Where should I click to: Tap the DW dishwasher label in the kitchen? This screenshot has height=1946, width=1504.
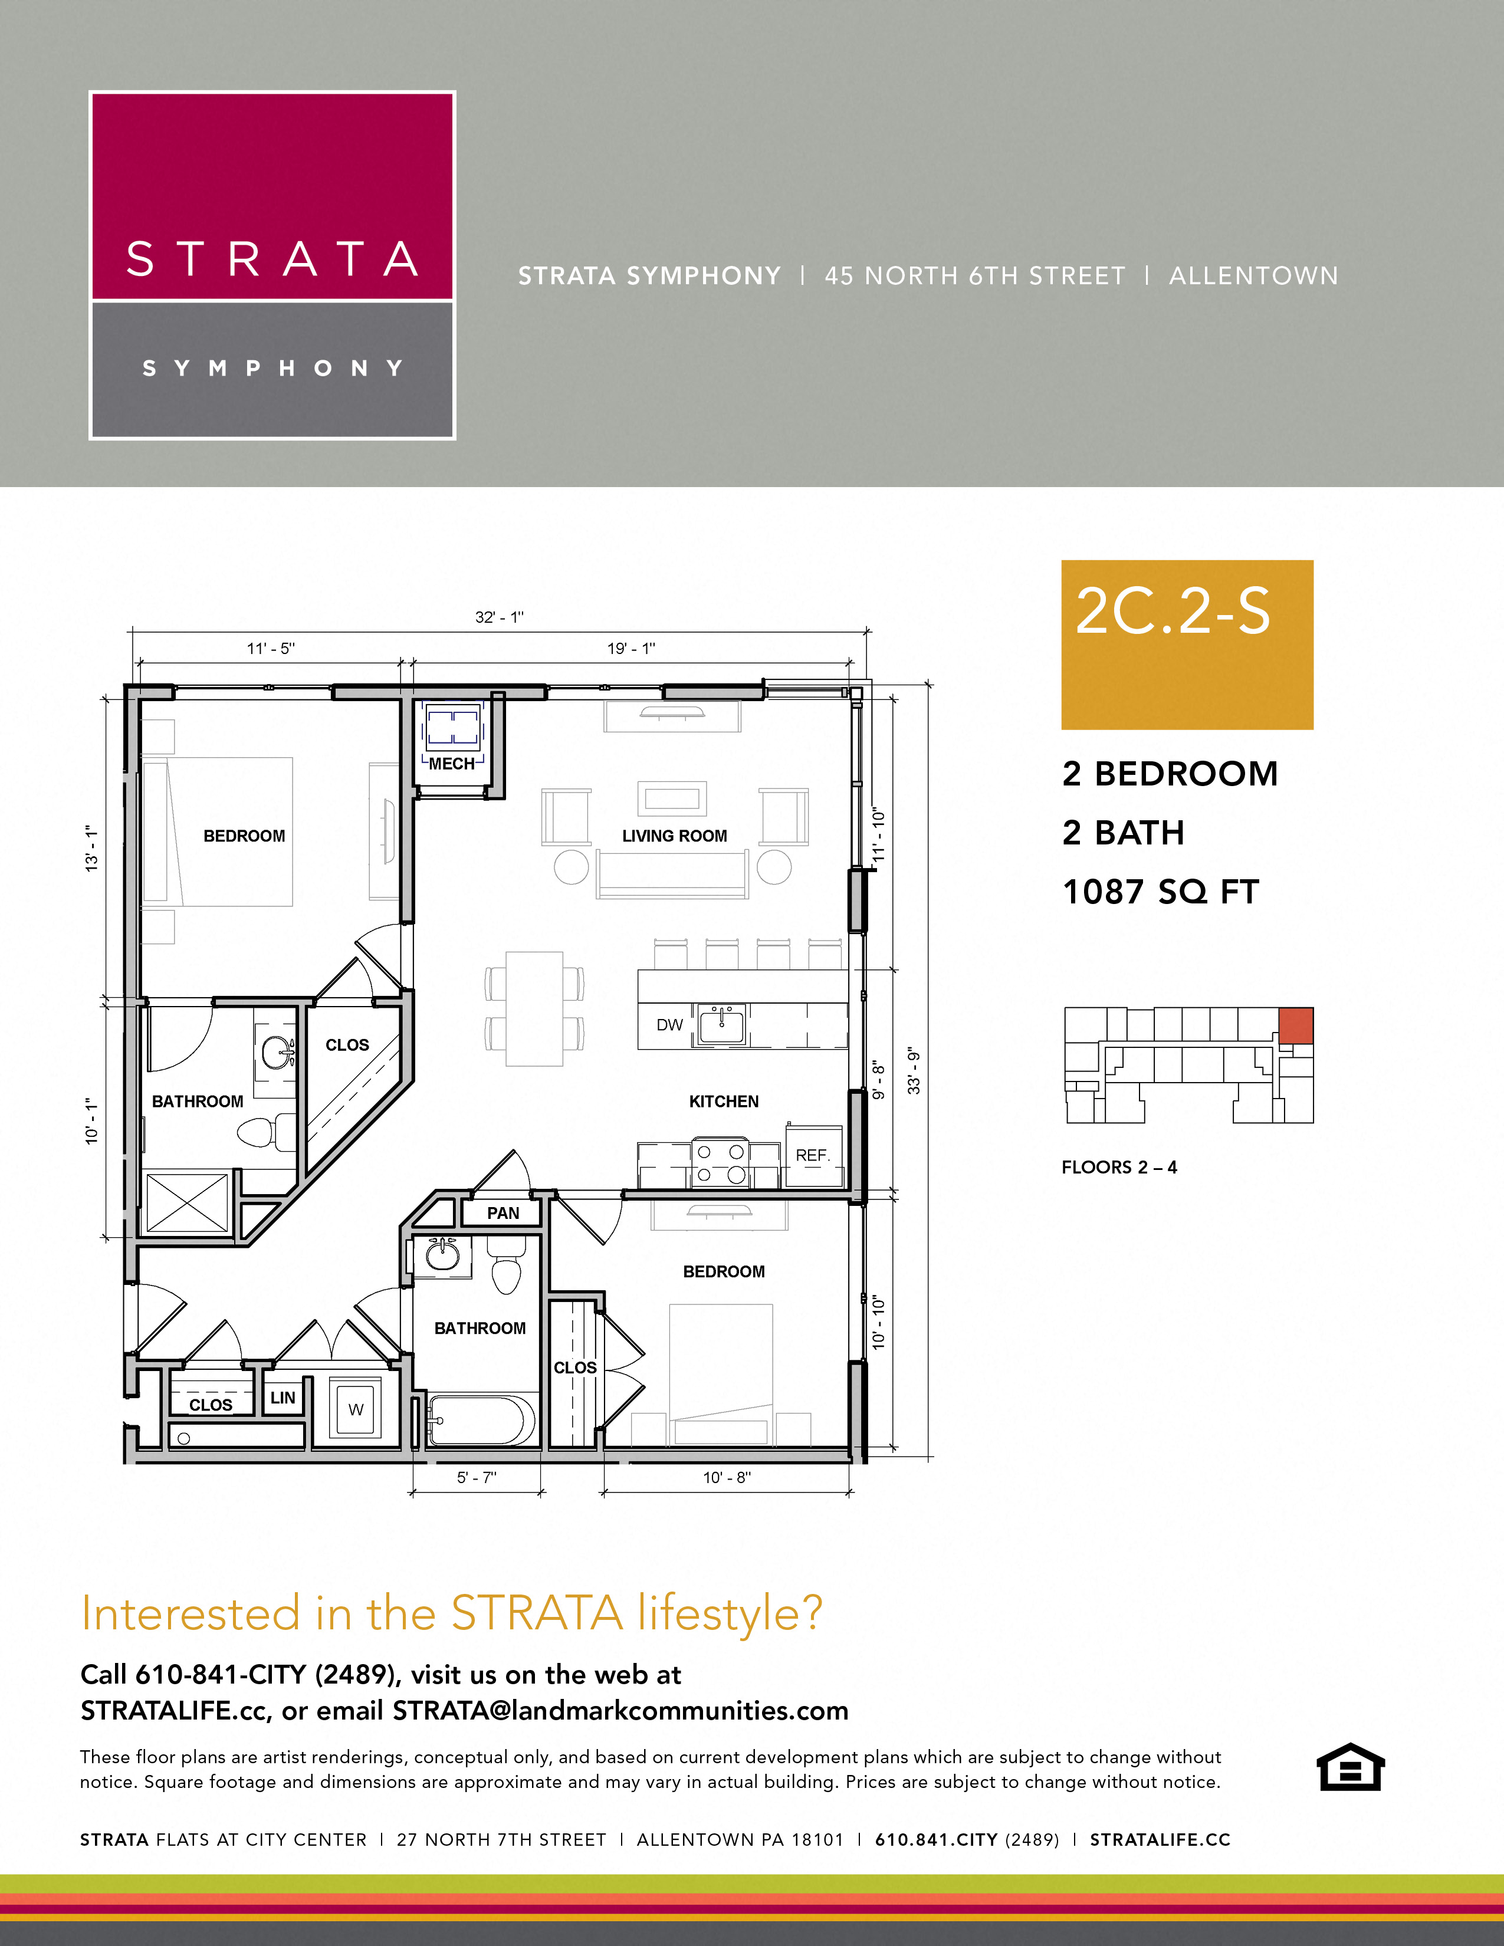pyautogui.click(x=669, y=1025)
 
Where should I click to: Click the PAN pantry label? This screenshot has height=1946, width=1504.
pyautogui.click(x=503, y=1212)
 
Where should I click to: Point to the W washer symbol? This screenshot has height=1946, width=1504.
pyautogui.click(x=356, y=1409)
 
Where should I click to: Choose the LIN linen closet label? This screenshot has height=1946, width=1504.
pyautogui.click(x=283, y=1397)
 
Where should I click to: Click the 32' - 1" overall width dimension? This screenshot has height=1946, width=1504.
pyautogui.click(x=499, y=617)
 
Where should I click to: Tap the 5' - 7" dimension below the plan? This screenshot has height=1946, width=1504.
pyautogui.click(x=477, y=1477)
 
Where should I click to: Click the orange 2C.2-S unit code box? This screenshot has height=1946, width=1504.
pyautogui.click(x=1187, y=644)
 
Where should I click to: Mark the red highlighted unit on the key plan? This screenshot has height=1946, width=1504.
pyautogui.click(x=1296, y=1025)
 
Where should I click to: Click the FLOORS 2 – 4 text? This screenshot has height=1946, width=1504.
pyautogui.click(x=1119, y=1167)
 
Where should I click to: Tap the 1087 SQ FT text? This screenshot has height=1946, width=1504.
pyautogui.click(x=1160, y=892)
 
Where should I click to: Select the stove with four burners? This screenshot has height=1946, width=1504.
pyautogui.click(x=720, y=1162)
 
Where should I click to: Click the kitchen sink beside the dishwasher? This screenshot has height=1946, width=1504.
pyautogui.click(x=721, y=1025)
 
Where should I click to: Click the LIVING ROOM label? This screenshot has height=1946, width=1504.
pyautogui.click(x=675, y=836)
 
